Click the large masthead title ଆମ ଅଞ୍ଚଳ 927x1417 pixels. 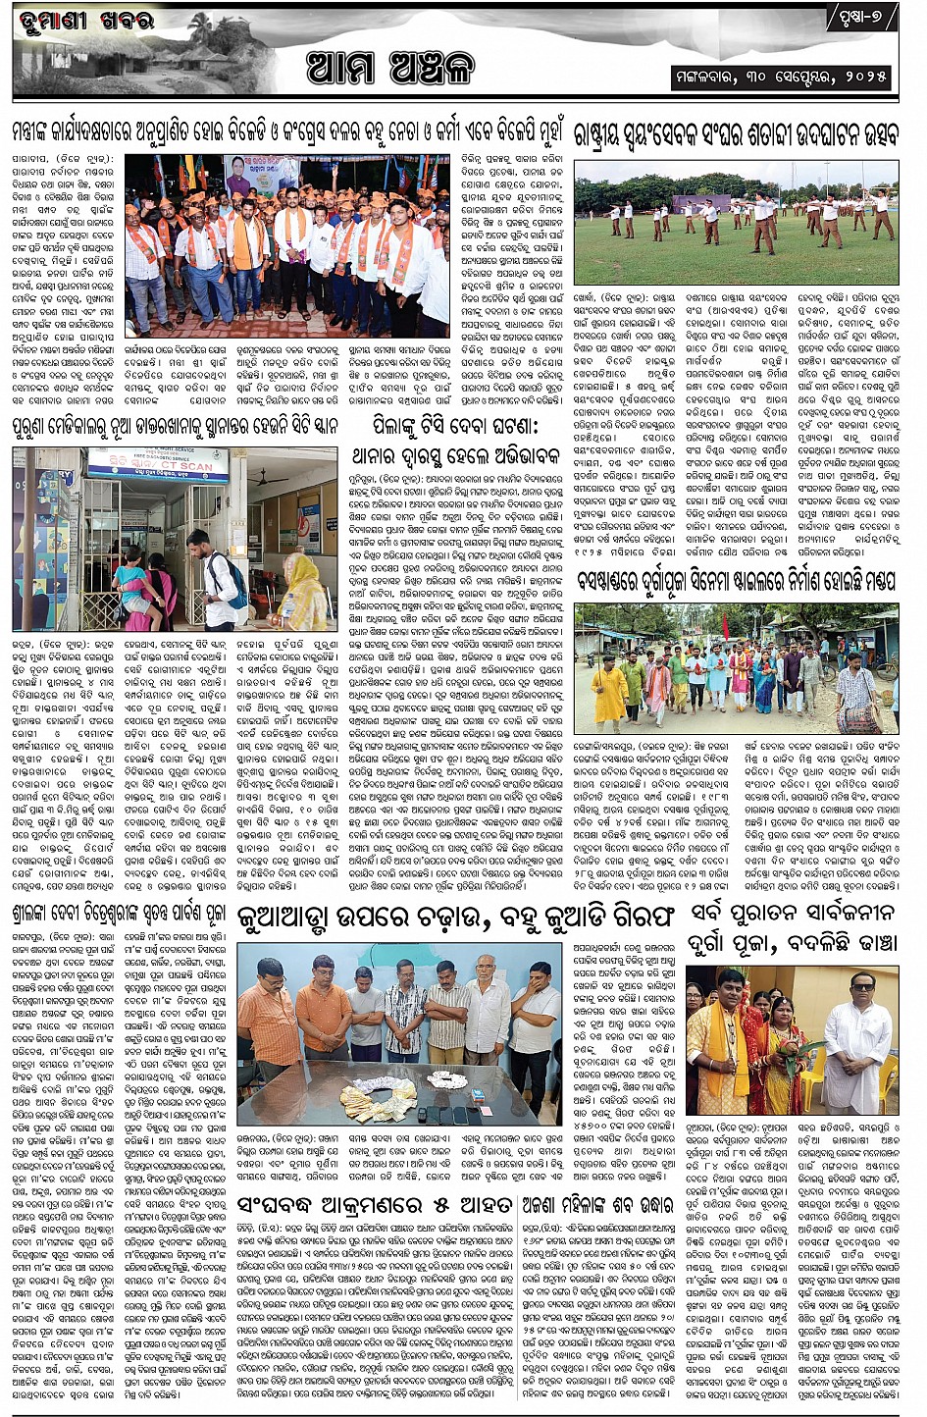pos(390,68)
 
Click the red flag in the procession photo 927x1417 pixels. pos(724,625)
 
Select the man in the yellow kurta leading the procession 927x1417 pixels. pos(609,692)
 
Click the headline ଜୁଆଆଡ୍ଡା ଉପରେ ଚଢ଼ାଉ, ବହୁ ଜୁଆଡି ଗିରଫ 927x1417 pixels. pos(456,917)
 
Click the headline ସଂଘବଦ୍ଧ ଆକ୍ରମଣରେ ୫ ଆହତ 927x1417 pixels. pos(375,1206)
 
